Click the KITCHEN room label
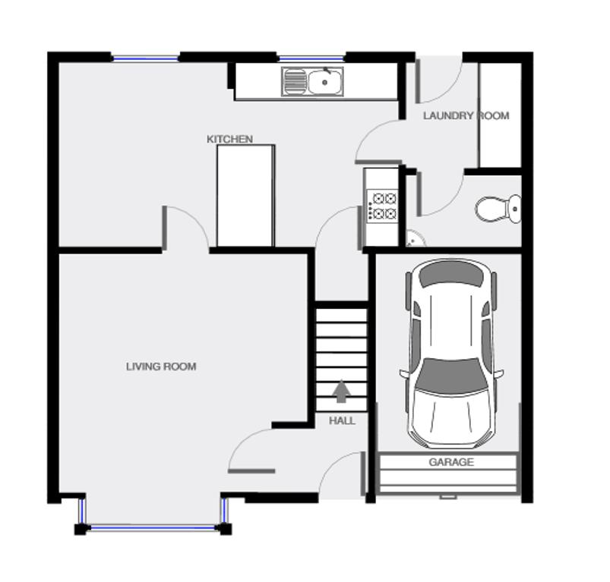tap(229, 139)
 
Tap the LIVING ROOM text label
tap(161, 367)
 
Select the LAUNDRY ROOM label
tap(466, 115)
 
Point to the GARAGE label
tap(451, 462)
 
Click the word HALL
tap(342, 420)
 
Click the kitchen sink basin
tap(325, 82)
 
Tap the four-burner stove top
tap(382, 206)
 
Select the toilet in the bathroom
tap(498, 209)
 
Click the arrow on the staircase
tap(342, 391)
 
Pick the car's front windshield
tap(451, 375)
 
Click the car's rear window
tap(452, 274)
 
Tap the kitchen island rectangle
tap(246, 196)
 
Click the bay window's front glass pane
tap(153, 527)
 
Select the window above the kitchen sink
tap(311, 58)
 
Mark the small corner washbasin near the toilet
tap(415, 239)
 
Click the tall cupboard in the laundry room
tap(501, 115)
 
